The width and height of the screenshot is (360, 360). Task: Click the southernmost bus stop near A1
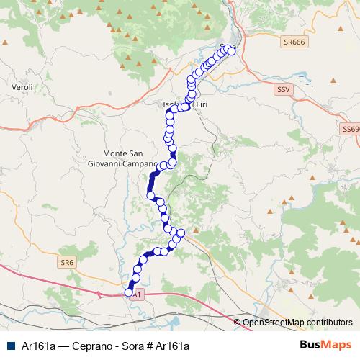[x=130, y=292]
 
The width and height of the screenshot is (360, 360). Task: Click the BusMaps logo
[x=326, y=345]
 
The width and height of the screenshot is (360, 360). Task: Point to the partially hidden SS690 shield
[x=351, y=128]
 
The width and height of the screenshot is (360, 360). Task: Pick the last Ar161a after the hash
[x=173, y=346]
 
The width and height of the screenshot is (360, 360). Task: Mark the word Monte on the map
[x=117, y=154]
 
